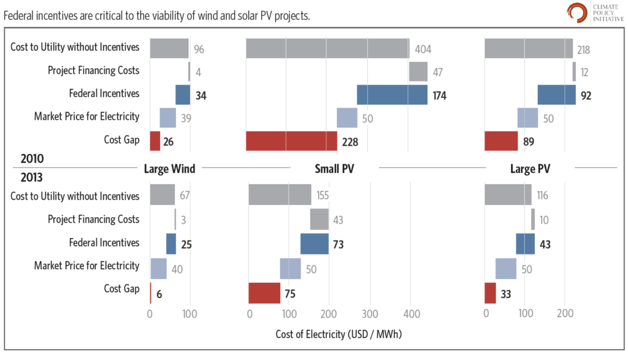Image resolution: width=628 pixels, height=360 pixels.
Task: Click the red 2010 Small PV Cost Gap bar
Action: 291,140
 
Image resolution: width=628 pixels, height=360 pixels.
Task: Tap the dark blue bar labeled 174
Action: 392,95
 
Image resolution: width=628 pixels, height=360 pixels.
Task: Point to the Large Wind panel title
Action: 169,169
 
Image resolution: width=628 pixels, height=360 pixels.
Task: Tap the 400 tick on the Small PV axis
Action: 411,313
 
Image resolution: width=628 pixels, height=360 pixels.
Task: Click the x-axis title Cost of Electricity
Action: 339,334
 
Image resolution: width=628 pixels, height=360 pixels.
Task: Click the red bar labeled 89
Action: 501,140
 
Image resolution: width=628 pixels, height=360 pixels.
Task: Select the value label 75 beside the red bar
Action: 289,294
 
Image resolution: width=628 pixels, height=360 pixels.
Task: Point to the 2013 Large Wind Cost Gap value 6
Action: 159,294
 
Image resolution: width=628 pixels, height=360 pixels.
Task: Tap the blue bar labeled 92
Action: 556,95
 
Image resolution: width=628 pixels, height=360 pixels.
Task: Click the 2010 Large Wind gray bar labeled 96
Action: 169,48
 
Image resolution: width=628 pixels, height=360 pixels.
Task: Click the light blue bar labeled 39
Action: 168,117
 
